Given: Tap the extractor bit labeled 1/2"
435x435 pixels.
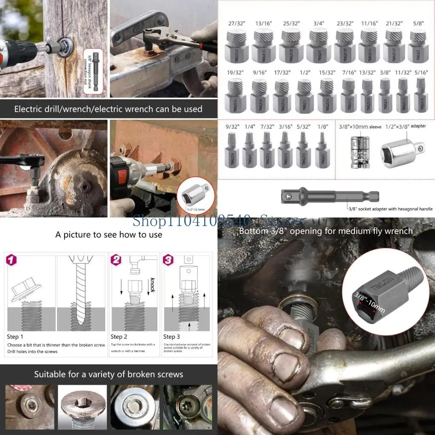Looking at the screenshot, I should [304, 96].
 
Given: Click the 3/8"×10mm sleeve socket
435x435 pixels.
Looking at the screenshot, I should [359, 150].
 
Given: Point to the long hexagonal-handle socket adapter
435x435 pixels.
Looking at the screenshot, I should [329, 196].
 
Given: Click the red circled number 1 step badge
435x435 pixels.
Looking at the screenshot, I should [11, 260].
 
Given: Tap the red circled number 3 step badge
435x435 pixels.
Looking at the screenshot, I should [169, 260].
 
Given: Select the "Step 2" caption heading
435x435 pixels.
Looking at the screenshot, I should [119, 337].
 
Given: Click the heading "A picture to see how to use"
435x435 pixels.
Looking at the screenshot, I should [109, 234].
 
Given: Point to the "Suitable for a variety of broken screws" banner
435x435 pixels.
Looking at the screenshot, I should [109, 374].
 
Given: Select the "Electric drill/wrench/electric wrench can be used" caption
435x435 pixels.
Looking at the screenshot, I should [108, 109].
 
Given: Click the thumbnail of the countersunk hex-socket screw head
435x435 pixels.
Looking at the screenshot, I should [82, 407].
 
